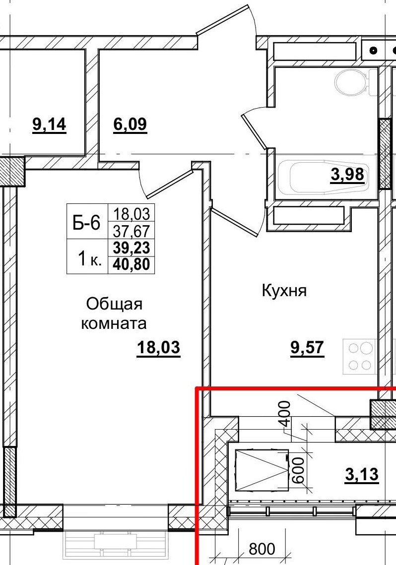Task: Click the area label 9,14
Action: click(49, 124)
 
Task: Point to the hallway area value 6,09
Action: click(130, 124)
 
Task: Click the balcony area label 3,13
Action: click(362, 475)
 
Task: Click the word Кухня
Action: click(284, 291)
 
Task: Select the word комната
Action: click(114, 324)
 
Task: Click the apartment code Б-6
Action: click(87, 223)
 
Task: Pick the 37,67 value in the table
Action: click(131, 230)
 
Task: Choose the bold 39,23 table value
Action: click(131, 247)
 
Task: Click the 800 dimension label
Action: click(262, 549)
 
